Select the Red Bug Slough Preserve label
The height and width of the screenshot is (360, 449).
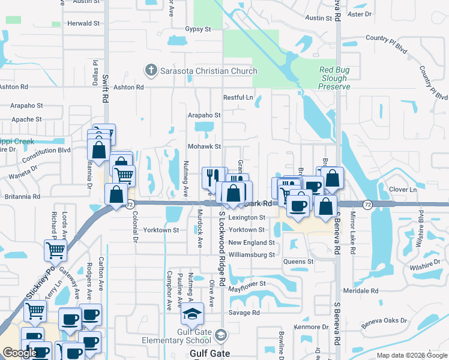334,79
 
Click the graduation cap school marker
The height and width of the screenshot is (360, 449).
192,315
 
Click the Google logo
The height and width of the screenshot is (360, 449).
20,353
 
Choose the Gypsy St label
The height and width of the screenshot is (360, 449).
199,29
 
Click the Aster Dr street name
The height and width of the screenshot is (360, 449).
360,13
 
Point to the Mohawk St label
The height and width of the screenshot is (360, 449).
206,146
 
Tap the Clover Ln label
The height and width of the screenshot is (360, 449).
403,190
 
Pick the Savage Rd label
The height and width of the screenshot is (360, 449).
244,313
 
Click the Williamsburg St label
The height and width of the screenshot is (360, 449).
252,254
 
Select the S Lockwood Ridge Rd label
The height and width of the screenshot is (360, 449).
221,247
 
